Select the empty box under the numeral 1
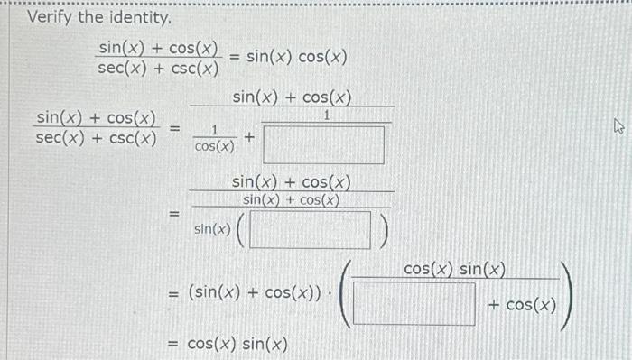tap(326, 143)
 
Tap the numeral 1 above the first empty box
tap(327, 116)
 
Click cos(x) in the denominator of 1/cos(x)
tap(215, 148)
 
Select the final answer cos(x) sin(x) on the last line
tap(237, 344)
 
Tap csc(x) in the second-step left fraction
tap(134, 138)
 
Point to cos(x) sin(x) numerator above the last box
tap(454, 269)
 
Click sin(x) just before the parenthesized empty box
tap(211, 230)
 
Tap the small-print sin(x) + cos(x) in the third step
tap(291, 199)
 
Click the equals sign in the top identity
tap(234, 58)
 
